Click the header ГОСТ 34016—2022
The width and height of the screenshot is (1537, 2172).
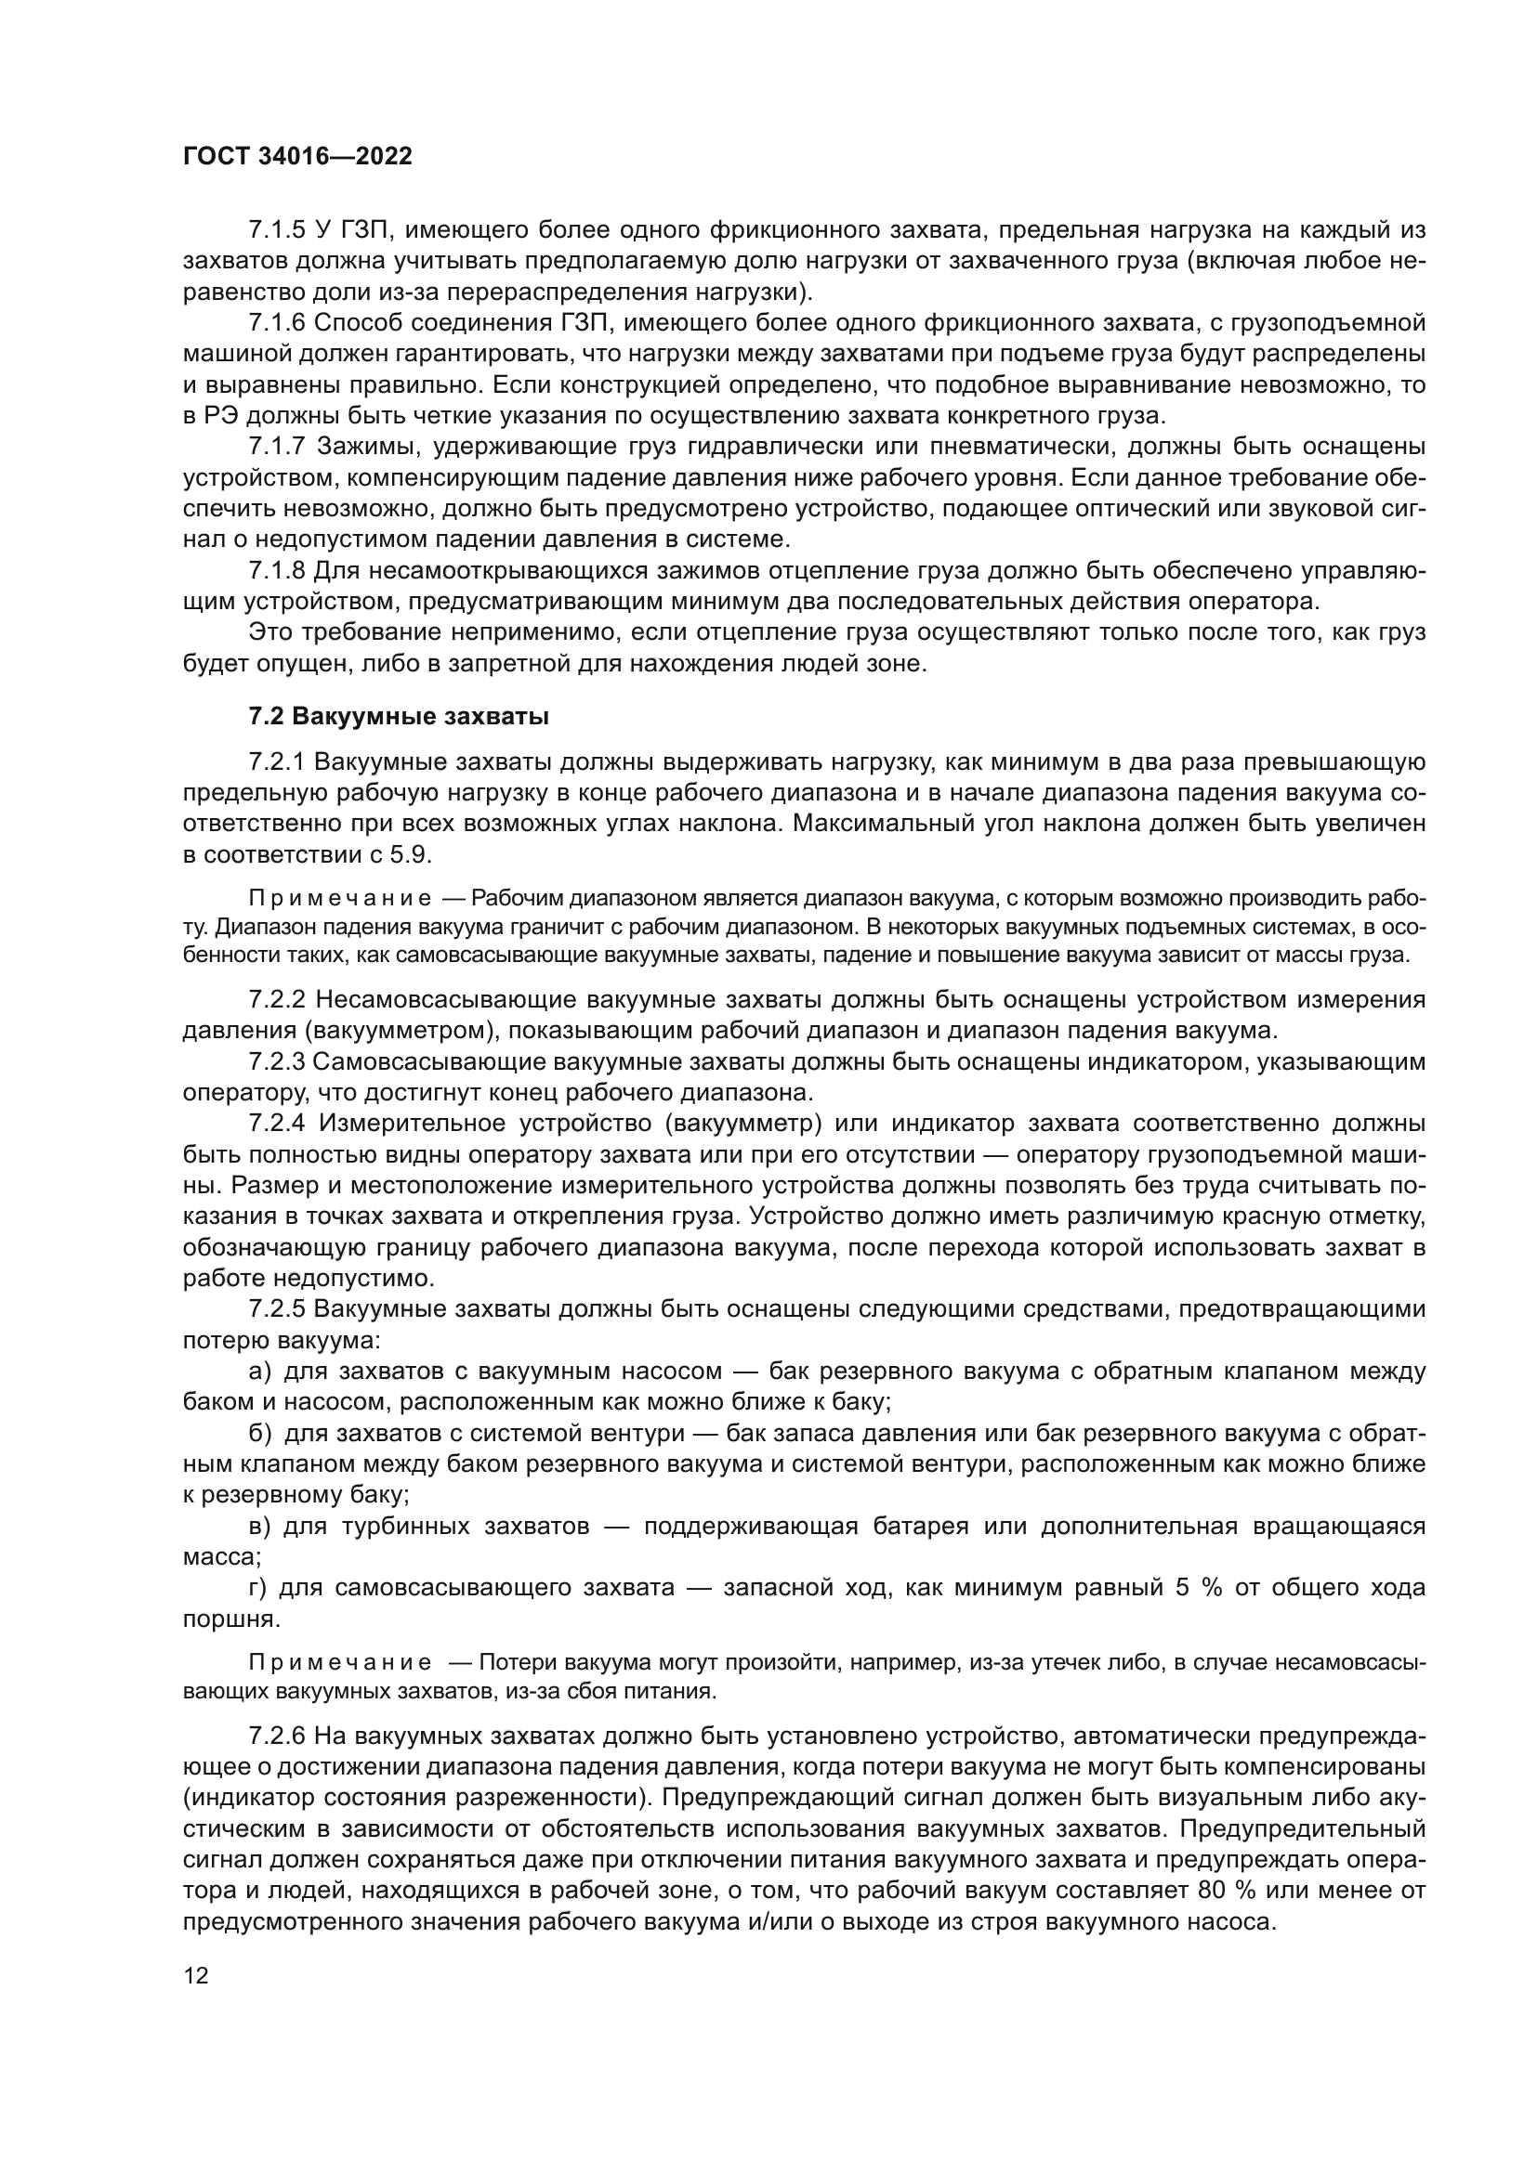pos(297,156)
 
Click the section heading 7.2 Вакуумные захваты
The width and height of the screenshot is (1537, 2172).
pos(399,716)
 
